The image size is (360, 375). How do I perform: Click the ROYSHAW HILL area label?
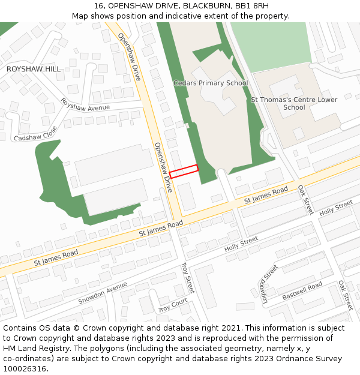34,69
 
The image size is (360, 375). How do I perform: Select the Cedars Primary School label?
210,83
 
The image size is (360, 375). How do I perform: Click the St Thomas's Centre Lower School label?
294,104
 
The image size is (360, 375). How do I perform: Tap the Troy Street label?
187,277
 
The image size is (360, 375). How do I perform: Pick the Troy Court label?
173,305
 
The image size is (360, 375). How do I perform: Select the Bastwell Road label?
302,290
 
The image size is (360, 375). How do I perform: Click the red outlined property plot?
184,172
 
